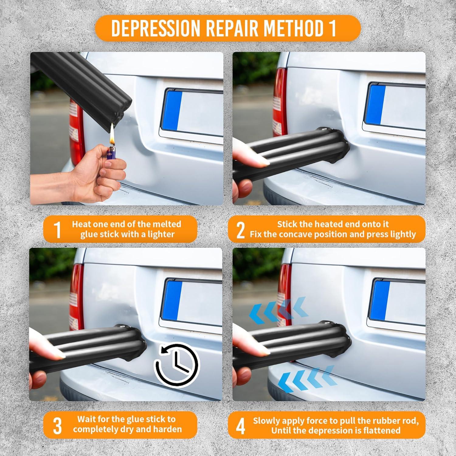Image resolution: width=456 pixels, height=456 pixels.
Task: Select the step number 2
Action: pyautogui.click(x=240, y=230)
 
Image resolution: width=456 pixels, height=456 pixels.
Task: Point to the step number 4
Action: pyautogui.click(x=240, y=425)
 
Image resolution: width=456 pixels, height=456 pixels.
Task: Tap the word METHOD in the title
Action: pyautogui.click(x=291, y=28)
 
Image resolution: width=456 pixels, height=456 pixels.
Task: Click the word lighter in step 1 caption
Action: pyautogui.click(x=160, y=234)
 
